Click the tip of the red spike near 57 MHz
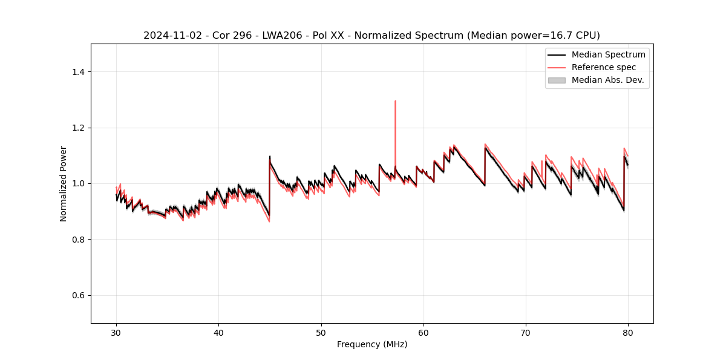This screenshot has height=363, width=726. (395, 101)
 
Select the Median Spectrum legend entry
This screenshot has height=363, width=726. (608, 54)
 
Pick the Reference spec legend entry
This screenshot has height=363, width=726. (603, 67)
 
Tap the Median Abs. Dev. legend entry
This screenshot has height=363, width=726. (607, 80)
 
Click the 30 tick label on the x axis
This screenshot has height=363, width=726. (116, 332)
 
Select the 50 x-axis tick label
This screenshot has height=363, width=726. (321, 332)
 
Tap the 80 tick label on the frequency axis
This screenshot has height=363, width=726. (628, 332)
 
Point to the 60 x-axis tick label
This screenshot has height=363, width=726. (423, 332)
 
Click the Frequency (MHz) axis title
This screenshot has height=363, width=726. (372, 344)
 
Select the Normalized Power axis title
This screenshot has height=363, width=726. (64, 183)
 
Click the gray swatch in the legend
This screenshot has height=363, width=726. (556, 80)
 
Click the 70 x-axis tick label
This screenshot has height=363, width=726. (526, 332)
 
